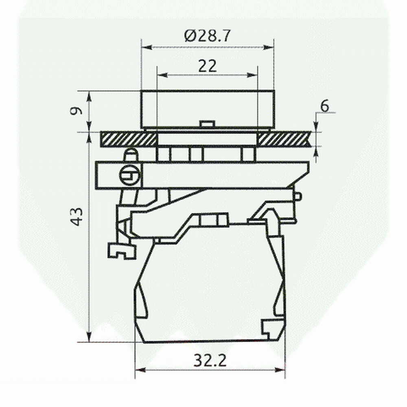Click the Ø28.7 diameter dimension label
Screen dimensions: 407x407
pyautogui.click(x=207, y=36)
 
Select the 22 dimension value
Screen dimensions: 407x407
pyautogui.click(x=207, y=66)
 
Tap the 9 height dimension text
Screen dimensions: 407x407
pyautogui.click(x=76, y=111)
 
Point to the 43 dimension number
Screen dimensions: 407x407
pyautogui.click(x=77, y=216)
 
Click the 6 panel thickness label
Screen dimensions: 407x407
pyautogui.click(x=325, y=106)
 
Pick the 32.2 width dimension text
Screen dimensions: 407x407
pyautogui.click(x=210, y=360)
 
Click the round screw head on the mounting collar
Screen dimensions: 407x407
pyautogui.click(x=130, y=176)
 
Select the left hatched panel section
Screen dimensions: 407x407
pyautogui.click(x=129, y=139)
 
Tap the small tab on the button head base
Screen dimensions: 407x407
pyautogui.click(x=207, y=124)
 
